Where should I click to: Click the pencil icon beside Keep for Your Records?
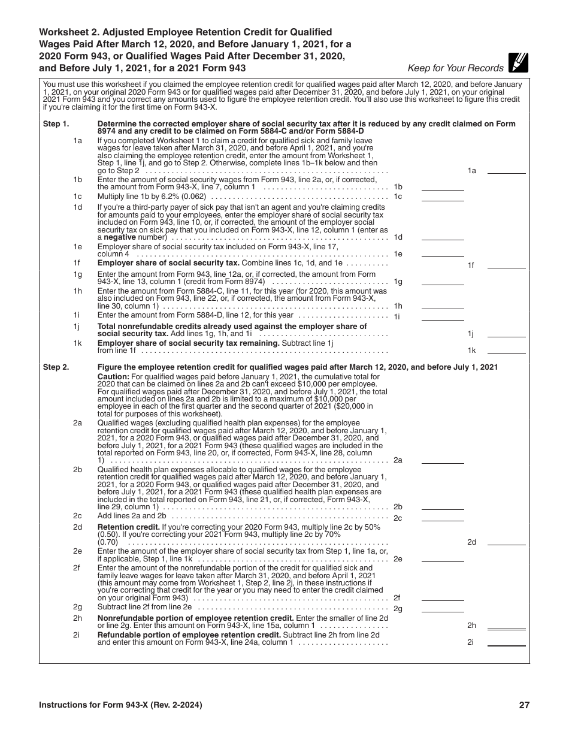517,62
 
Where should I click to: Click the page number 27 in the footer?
524,705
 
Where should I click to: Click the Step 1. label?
56,124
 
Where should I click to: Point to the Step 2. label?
56,367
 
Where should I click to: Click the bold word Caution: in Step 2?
113,377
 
